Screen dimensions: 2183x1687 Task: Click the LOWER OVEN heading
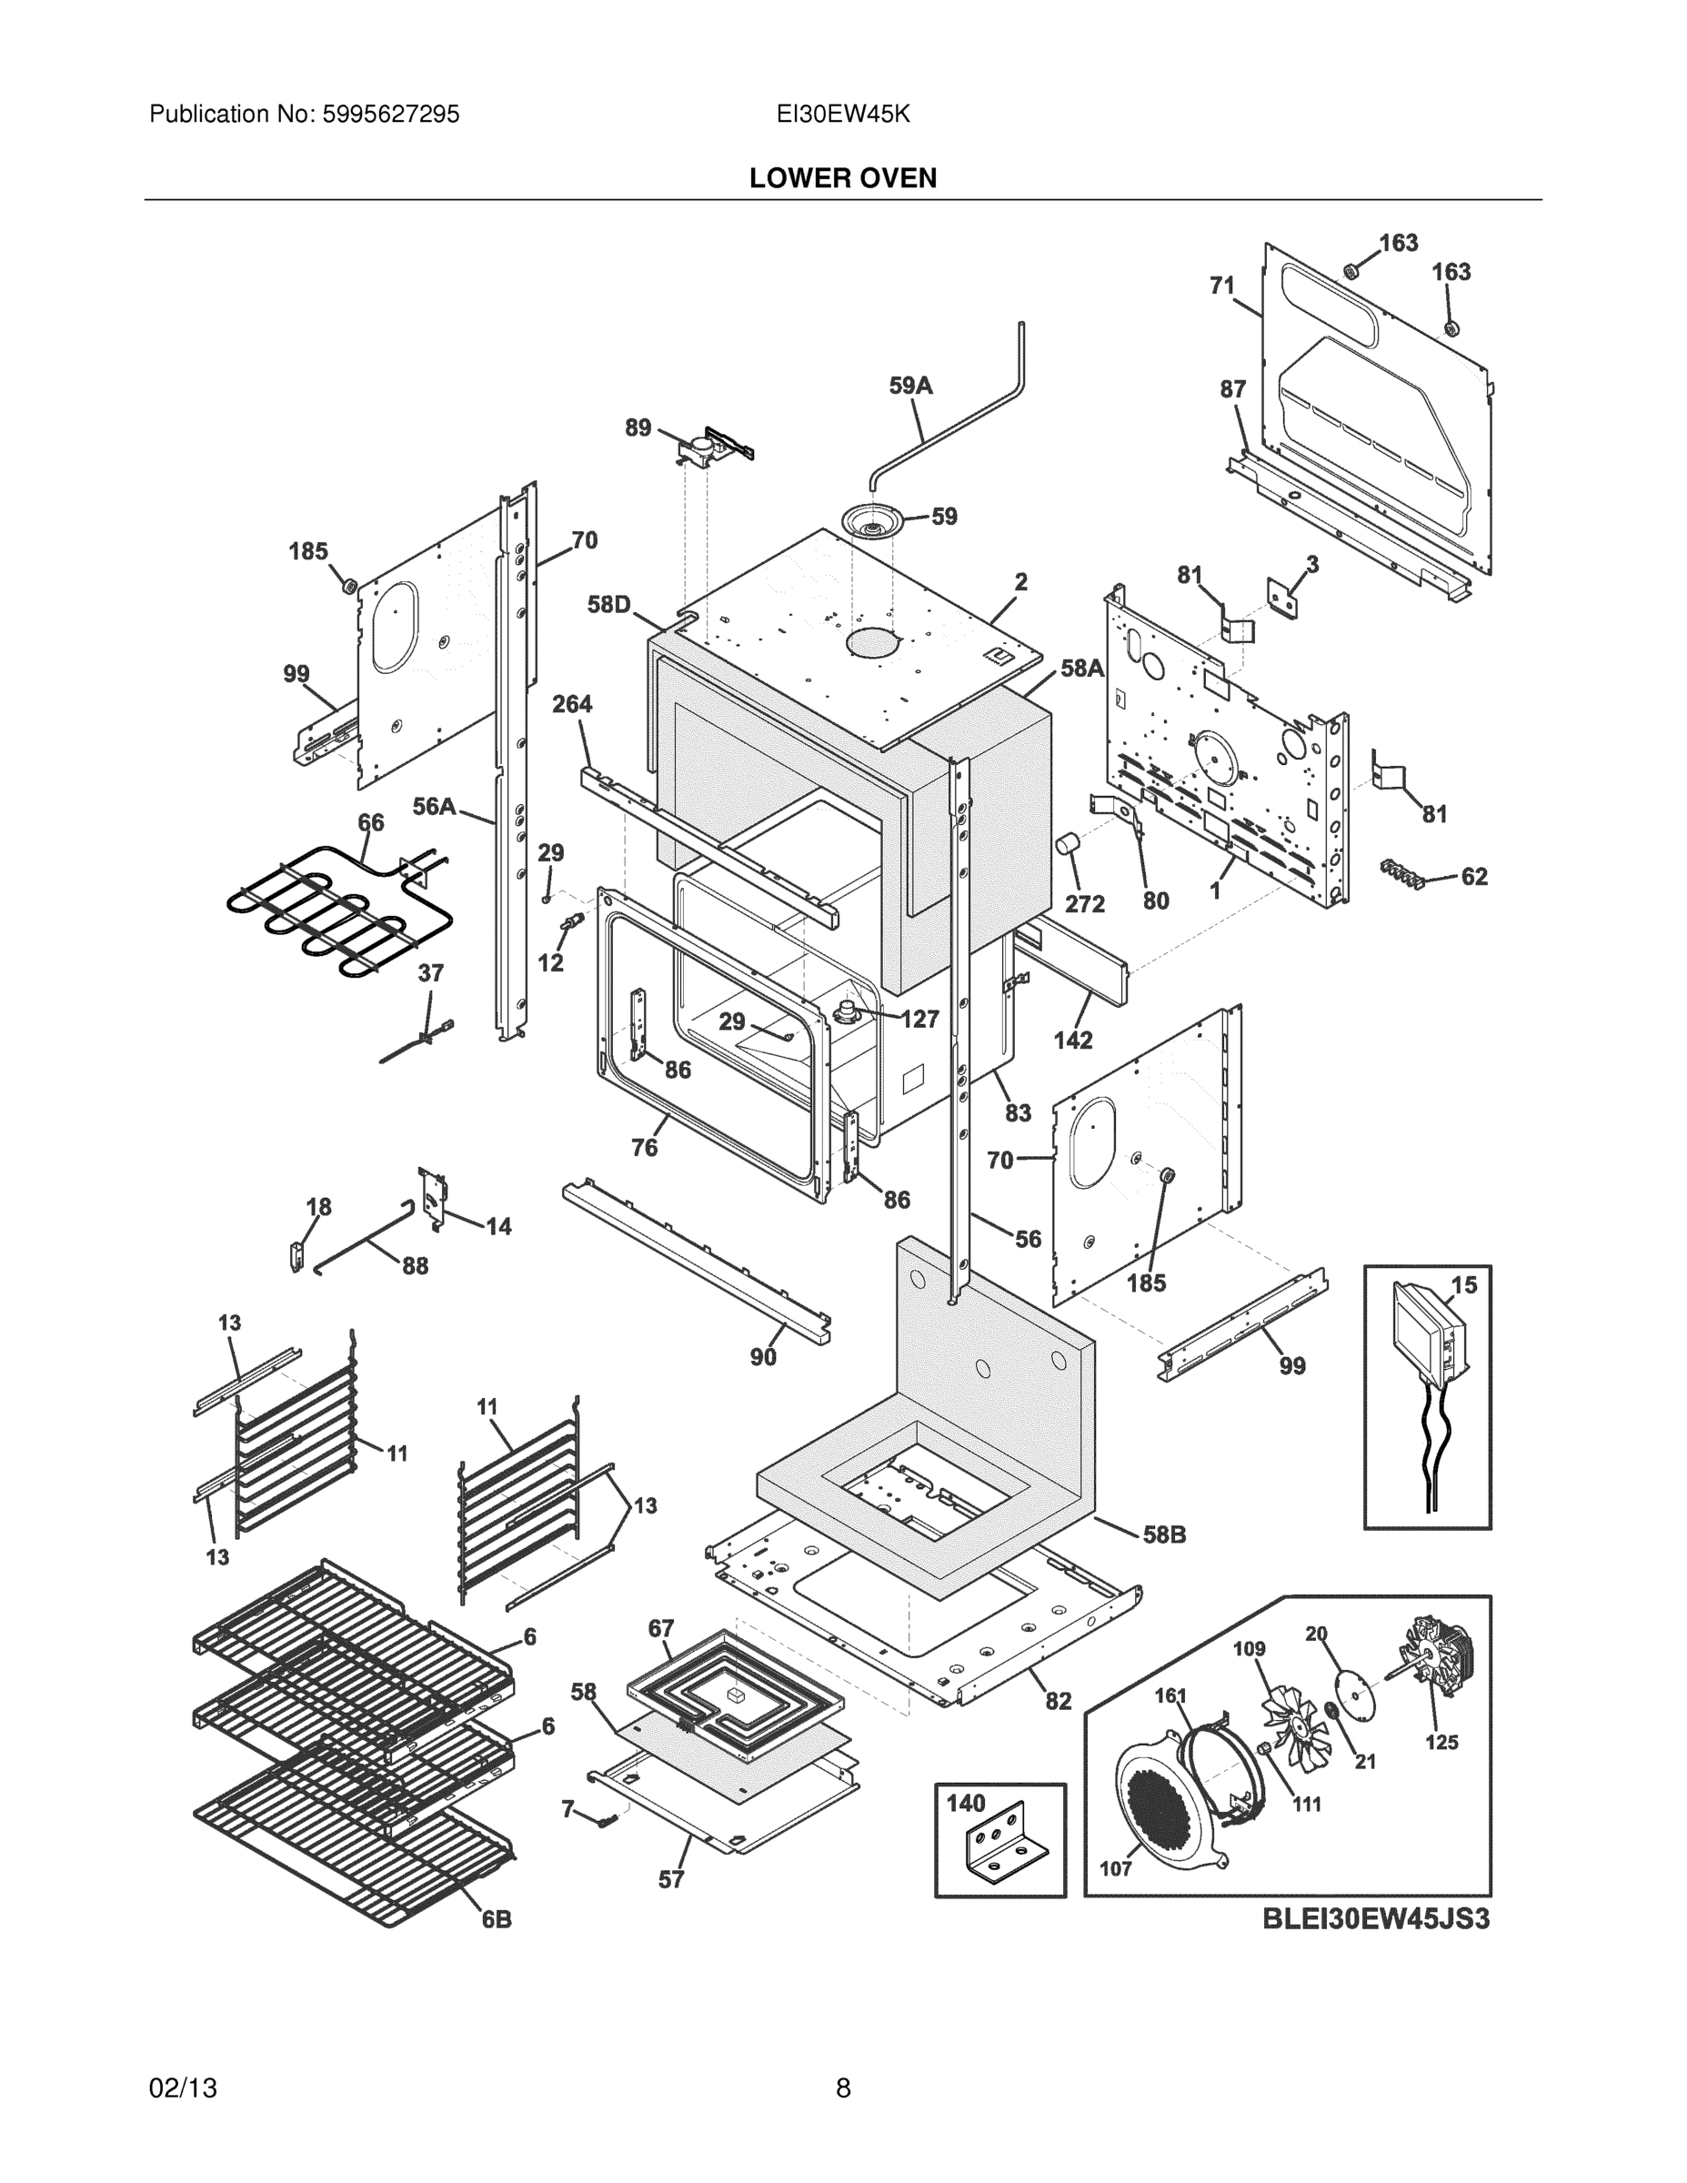pos(842,178)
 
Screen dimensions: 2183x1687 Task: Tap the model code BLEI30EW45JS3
pos(1376,1947)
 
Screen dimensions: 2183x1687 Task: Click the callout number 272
pos(1084,903)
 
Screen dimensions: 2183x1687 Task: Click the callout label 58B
pos(1164,1534)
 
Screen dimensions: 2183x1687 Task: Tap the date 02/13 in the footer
pos(183,2088)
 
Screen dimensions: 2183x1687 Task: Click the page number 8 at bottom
pos(842,2088)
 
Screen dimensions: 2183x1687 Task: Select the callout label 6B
pos(497,1919)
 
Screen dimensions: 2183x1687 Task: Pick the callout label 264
pos(572,704)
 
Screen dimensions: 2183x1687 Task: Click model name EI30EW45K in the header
pos(842,114)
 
